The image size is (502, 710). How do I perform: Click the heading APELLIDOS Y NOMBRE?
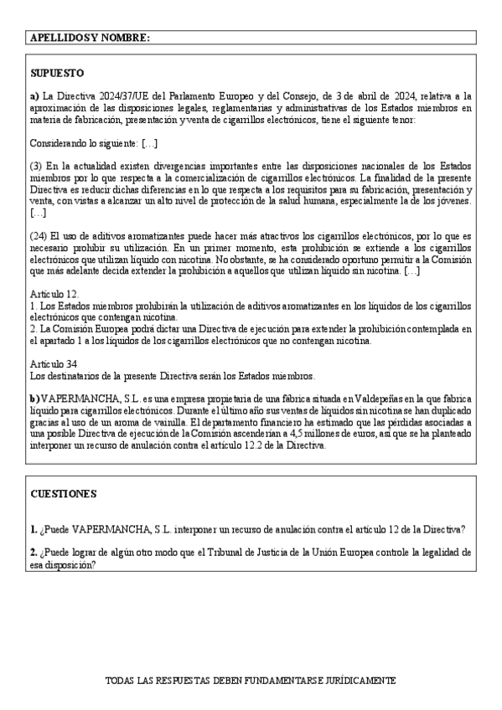pyautogui.click(x=90, y=38)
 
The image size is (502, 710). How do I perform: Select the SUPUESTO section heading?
pyautogui.click(x=56, y=73)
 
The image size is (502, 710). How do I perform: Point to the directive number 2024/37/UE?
pyautogui.click(x=114, y=96)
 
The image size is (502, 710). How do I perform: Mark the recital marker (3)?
pyautogui.click(x=36, y=164)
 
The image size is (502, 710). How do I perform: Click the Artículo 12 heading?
pyautogui.click(x=54, y=294)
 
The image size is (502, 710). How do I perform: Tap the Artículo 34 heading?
pyautogui.click(x=54, y=363)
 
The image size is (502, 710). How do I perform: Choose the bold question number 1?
pyautogui.click(x=34, y=529)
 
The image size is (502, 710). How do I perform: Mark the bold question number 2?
pyautogui.click(x=34, y=553)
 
